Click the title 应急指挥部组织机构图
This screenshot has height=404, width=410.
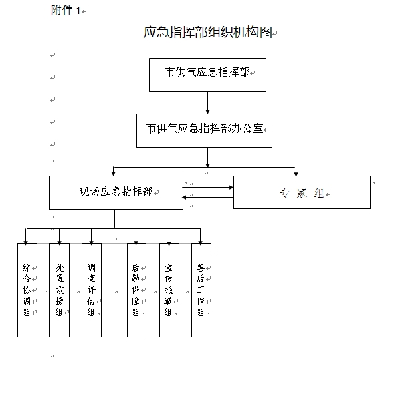(x=208, y=32)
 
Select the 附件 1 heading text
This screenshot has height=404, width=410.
(x=66, y=11)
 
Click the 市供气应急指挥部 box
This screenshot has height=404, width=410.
(x=207, y=75)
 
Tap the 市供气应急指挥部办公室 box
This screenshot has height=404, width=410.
(x=204, y=130)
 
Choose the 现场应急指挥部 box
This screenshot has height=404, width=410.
(x=116, y=192)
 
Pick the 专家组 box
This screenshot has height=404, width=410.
(x=302, y=192)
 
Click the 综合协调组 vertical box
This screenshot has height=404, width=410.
(x=27, y=290)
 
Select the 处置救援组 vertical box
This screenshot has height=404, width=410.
(x=60, y=290)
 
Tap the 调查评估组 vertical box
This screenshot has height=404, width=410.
(x=92, y=290)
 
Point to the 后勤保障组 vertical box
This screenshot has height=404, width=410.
(x=136, y=290)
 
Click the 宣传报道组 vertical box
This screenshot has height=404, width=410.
(x=169, y=290)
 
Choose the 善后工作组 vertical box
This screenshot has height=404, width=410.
(x=201, y=290)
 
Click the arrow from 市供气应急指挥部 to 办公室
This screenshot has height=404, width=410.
(x=207, y=103)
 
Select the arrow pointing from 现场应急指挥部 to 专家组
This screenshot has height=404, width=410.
(x=208, y=188)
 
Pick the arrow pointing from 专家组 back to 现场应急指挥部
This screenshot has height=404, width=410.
(x=208, y=197)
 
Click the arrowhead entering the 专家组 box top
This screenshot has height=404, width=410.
(x=296, y=174)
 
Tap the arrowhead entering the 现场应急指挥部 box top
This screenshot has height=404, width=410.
(x=114, y=174)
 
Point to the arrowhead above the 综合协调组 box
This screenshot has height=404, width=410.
(x=25, y=242)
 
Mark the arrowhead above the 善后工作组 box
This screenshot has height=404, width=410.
(x=200, y=242)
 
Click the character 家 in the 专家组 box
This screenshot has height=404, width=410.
(x=302, y=194)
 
